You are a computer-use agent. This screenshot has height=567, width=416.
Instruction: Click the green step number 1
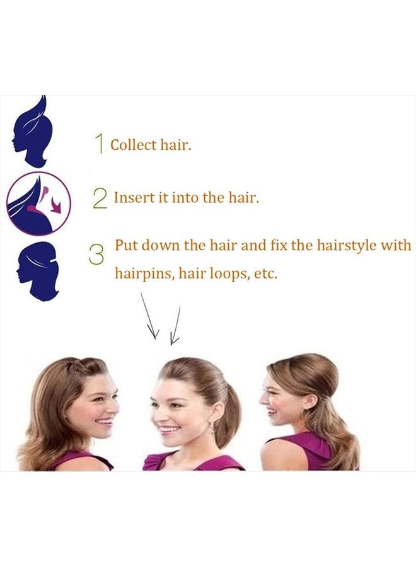pos(100,144)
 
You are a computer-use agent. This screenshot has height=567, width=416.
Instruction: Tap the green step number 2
pos(100,198)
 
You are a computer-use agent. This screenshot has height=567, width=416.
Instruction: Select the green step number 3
pos(96,255)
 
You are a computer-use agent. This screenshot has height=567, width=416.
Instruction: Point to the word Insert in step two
pos(130,198)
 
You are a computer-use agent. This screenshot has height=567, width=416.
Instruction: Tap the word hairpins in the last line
pos(141,275)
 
